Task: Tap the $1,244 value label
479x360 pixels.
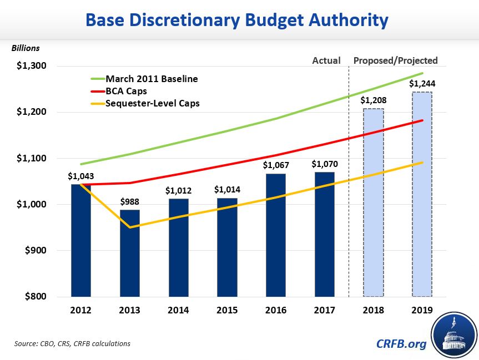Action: (x=422, y=84)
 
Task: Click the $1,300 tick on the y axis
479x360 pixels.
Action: (x=31, y=66)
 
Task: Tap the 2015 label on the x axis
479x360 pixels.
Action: (x=227, y=310)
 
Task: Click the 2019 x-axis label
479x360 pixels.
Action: (x=422, y=310)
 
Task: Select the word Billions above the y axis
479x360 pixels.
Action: (x=26, y=48)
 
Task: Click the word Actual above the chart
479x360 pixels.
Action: (x=326, y=60)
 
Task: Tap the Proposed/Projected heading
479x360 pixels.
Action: (x=396, y=60)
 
